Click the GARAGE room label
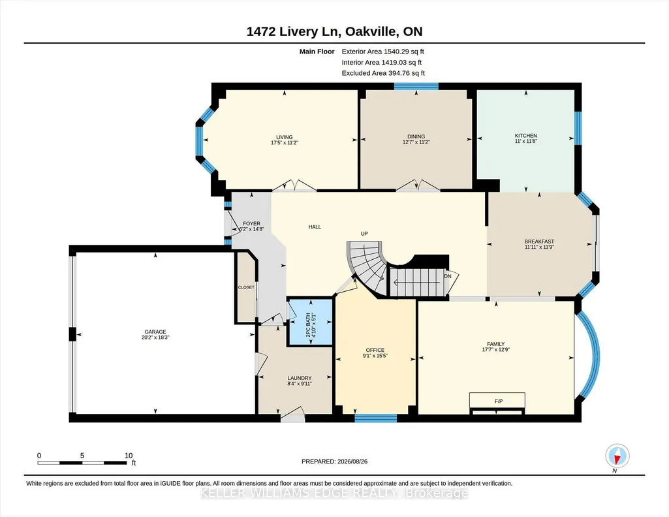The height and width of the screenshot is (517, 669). click(x=155, y=332)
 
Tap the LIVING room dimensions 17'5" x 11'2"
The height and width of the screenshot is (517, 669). click(x=284, y=143)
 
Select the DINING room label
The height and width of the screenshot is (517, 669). click(x=416, y=137)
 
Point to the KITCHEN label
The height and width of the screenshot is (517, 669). click(x=525, y=136)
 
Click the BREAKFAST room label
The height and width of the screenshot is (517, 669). click(x=539, y=242)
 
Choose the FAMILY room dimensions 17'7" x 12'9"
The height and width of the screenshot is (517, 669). click(x=496, y=349)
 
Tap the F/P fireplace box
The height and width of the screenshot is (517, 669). click(x=497, y=401)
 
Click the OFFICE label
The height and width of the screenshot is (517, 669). click(x=375, y=350)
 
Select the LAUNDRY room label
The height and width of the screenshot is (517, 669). click(x=300, y=378)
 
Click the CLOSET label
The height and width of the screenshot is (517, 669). click(x=246, y=287)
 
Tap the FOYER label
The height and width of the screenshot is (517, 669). click(x=252, y=223)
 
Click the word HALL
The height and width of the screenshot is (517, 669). click(x=315, y=227)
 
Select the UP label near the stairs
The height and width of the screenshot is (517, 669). click(x=364, y=234)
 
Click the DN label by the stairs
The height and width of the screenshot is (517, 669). click(x=448, y=276)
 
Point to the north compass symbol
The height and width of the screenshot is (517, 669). click(x=617, y=456)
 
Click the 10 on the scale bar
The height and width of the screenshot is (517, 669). click(x=129, y=456)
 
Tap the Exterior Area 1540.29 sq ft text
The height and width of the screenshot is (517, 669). click(x=382, y=52)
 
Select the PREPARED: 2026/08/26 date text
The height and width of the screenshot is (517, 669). click(x=334, y=462)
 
